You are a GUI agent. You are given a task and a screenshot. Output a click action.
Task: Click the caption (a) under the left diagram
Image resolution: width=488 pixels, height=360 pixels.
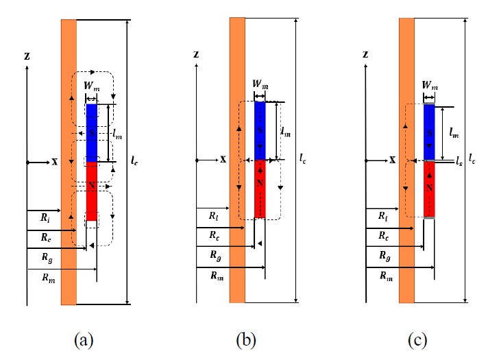coord(84,339)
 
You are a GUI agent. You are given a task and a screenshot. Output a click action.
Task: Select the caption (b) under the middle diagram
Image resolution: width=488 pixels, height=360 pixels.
coord(246,339)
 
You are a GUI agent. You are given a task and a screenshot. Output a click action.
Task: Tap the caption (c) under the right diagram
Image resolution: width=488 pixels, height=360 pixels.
coord(417,339)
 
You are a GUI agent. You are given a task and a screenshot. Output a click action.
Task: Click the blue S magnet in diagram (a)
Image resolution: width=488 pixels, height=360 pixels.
coord(92,133)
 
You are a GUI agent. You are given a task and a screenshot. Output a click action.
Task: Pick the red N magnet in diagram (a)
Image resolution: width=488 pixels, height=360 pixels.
coord(92,191)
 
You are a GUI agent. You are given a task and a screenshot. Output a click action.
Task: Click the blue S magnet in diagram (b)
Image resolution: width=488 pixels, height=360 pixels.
coord(260,131)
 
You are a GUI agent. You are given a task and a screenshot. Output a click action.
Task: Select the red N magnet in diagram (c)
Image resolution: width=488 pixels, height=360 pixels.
coord(429,189)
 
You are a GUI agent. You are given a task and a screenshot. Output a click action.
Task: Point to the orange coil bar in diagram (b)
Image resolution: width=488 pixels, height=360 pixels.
coord(237,160)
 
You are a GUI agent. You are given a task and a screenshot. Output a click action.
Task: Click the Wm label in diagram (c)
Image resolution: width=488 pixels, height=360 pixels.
coord(430,85)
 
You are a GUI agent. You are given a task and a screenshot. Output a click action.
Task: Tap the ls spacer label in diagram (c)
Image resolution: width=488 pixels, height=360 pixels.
coord(459,161)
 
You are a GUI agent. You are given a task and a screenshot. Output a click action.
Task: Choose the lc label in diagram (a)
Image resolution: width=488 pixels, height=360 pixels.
coord(134,160)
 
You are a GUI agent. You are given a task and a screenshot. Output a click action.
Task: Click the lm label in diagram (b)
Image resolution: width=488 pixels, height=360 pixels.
coord(286,132)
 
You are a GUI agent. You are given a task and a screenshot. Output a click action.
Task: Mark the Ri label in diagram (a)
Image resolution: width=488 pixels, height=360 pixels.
coord(45,217)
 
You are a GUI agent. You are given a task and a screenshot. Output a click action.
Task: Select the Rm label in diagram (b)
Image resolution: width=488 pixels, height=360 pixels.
coord(217,276)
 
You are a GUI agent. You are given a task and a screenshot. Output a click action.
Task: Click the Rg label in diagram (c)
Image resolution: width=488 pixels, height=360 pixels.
coord(385,256)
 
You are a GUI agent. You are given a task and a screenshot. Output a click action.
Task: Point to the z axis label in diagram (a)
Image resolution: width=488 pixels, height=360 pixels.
coord(27,56)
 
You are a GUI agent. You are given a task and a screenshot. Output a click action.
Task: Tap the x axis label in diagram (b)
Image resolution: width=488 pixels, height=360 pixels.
coord(223,160)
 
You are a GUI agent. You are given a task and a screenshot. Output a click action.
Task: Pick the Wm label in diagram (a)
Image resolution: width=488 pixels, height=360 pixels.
coord(92,86)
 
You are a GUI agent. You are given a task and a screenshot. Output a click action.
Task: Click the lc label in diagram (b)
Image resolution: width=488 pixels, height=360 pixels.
coord(303,158)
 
